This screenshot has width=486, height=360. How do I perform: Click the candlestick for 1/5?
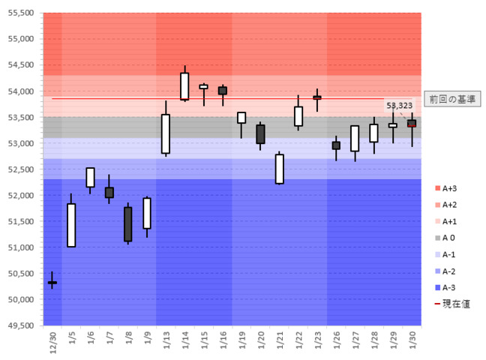click(x=71, y=225)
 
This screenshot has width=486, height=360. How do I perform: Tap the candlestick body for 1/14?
click(x=184, y=85)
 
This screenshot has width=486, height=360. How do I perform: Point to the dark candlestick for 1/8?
click(x=128, y=223)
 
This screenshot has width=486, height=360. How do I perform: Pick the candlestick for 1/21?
click(x=279, y=169)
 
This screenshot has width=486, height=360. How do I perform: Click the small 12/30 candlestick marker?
click(x=52, y=283)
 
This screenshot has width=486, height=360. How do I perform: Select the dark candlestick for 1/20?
click(x=260, y=134)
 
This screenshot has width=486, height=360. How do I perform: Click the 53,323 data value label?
click(x=399, y=106)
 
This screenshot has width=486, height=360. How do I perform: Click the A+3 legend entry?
click(x=449, y=187)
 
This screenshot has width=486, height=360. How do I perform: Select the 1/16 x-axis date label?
click(x=222, y=342)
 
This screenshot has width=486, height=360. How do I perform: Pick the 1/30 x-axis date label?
click(x=411, y=342)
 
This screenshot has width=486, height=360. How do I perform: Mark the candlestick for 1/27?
click(x=355, y=139)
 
